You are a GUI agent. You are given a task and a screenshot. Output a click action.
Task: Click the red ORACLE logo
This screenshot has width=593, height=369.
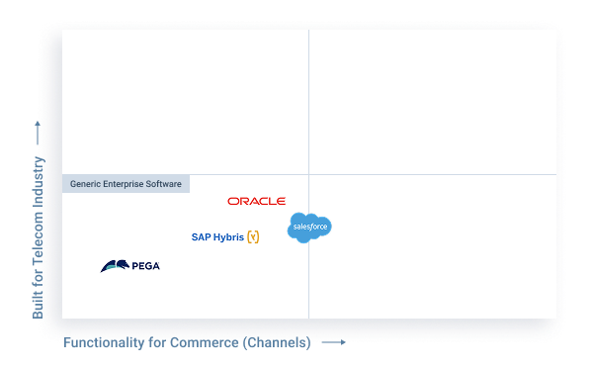256,201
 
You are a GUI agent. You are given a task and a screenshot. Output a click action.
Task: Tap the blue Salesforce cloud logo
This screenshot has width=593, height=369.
309,228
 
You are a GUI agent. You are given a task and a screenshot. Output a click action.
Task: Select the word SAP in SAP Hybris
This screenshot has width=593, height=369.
201,237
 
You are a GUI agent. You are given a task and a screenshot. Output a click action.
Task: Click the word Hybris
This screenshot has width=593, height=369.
228,237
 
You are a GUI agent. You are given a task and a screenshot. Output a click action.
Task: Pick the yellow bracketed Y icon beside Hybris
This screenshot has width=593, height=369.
253,237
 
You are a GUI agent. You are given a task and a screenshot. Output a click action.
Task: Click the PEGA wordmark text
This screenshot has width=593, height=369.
145,266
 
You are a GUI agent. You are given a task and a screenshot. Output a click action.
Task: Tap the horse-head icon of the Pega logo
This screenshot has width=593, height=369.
115,265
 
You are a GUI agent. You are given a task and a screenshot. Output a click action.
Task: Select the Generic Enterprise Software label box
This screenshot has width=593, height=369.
126,184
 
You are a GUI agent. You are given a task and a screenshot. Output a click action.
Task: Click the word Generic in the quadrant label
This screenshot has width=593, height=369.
87,184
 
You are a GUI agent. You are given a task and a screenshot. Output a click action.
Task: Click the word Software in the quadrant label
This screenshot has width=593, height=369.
164,184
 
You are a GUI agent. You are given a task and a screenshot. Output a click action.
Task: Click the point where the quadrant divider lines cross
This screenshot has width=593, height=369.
308,175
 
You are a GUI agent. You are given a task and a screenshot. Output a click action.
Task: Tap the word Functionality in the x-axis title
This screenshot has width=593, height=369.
99,343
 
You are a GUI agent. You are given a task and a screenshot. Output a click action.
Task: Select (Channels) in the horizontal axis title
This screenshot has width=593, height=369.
277,343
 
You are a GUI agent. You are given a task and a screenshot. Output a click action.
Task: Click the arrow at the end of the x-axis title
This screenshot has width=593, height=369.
336,342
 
